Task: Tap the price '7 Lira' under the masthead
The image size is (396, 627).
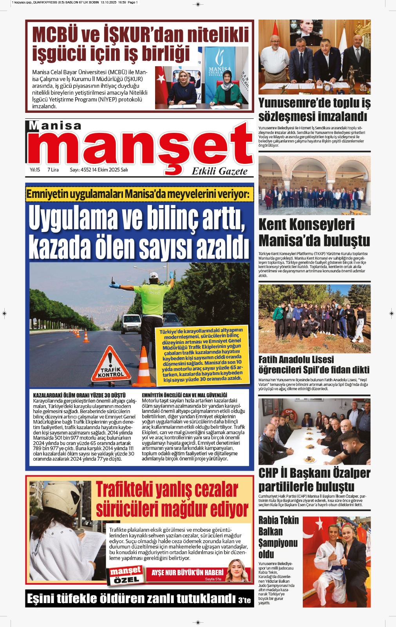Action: coord(53,170)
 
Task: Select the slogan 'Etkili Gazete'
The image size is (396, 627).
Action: coord(219,171)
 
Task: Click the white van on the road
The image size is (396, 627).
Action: coord(131,323)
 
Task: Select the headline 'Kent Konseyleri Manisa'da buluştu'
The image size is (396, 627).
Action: coord(314,232)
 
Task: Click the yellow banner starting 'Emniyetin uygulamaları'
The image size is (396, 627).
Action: coord(139,194)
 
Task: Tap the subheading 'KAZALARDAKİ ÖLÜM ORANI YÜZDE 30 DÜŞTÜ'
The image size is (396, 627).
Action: coord(79,395)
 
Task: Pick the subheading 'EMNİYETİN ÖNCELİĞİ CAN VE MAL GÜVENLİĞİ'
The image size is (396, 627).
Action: coord(184,395)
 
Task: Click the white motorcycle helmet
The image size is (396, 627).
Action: coord(61,499)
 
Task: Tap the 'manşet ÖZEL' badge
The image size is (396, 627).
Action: coord(125,575)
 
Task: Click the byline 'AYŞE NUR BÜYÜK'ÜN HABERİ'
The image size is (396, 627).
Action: coord(187,573)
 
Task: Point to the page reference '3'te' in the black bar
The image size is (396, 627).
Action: coord(244,600)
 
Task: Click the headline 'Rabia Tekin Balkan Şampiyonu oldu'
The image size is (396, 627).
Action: coord(278,537)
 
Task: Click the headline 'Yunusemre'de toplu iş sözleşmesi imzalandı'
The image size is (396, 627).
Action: coord(314,110)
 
